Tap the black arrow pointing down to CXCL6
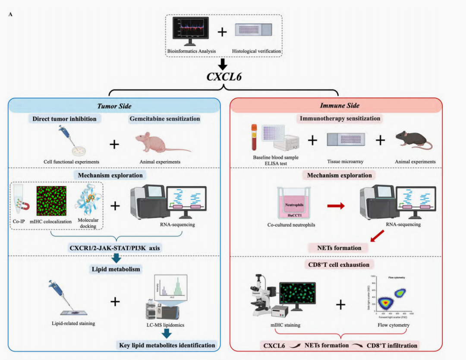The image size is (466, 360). point(223,64)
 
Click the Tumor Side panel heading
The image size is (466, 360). point(114,106)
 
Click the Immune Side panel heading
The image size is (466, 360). point(340,106)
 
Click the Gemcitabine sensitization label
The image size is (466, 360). point(165,119)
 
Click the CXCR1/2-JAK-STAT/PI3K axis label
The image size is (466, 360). point(114,248)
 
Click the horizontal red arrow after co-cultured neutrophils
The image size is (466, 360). point(336,206)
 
